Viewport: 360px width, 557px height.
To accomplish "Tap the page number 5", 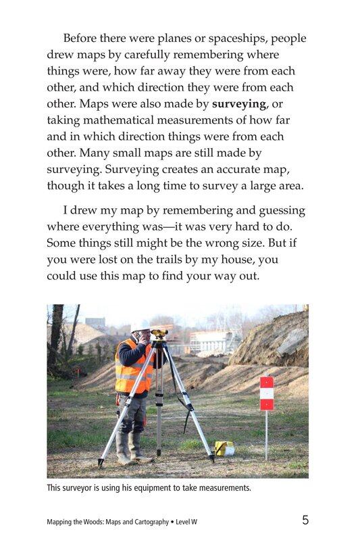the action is [305, 520].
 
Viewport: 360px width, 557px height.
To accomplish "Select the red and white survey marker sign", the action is [267, 393].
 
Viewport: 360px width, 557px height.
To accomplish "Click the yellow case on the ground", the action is [224, 447].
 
